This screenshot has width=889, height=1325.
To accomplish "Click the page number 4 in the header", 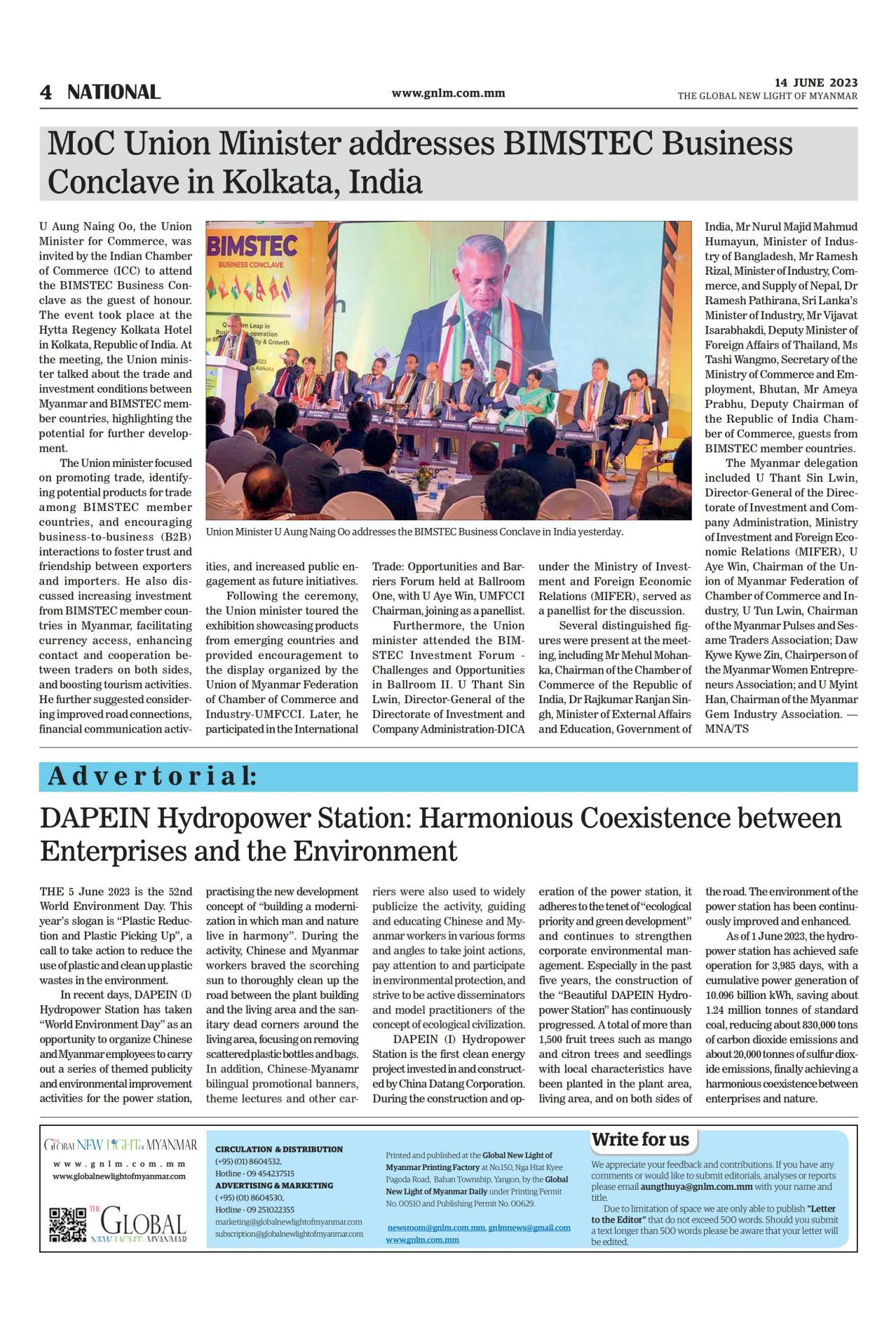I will (46, 93).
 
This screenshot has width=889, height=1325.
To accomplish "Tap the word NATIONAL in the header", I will (114, 93).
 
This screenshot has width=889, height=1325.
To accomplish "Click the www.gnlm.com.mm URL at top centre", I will (448, 93).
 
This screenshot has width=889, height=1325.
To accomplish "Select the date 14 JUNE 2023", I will (815, 83).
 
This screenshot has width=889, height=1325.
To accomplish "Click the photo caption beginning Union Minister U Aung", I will (414, 532).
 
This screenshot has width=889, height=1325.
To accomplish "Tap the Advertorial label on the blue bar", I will (151, 777).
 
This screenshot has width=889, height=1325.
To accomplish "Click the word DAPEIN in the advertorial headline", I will (93, 817).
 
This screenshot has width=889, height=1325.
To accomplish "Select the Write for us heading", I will (640, 1139).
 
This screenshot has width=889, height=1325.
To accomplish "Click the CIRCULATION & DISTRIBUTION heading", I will (278, 1149).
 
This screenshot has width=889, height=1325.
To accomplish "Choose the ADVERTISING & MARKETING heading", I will (274, 1185).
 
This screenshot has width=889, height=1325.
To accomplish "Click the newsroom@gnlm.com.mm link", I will (435, 1228).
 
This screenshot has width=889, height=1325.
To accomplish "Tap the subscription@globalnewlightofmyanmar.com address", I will (289, 1233).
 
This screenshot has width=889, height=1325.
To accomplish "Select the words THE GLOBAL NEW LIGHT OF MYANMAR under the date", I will (767, 96).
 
